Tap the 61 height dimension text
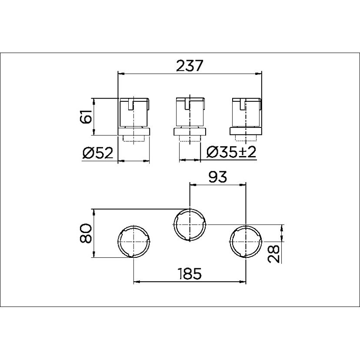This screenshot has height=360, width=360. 86,117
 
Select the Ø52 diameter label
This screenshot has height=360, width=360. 97,153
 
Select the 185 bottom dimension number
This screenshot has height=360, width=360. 190,273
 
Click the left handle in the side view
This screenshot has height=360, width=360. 134,113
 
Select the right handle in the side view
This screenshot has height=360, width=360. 246,113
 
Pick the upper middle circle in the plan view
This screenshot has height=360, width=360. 189,224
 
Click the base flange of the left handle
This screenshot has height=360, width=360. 134,131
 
